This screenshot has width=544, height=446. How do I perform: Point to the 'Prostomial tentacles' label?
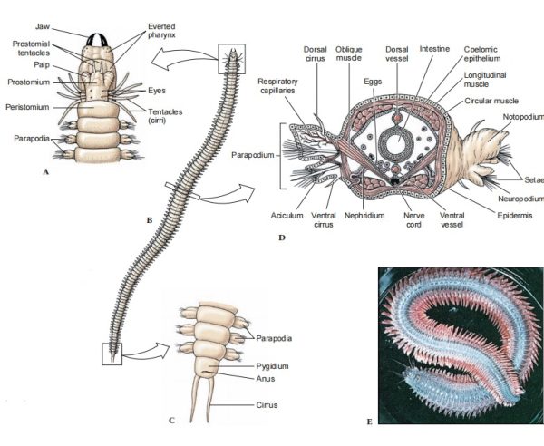click(x=34, y=48)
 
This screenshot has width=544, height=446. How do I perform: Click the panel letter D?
click(x=282, y=240)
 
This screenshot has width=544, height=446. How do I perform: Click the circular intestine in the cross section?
click(x=396, y=145)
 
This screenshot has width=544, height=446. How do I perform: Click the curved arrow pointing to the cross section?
click(x=225, y=194)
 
